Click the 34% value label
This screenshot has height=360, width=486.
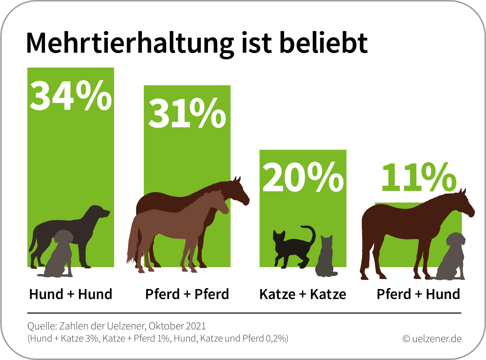(71, 96)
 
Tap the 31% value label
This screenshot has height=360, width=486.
(187, 113)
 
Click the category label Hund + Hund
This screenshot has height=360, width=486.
(71, 294)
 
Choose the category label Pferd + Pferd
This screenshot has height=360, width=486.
(187, 294)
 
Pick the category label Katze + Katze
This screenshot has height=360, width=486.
(303, 294)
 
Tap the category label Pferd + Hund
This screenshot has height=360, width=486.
(418, 294)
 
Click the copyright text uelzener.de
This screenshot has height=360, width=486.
(432, 339)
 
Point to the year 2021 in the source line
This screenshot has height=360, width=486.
(196, 326)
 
